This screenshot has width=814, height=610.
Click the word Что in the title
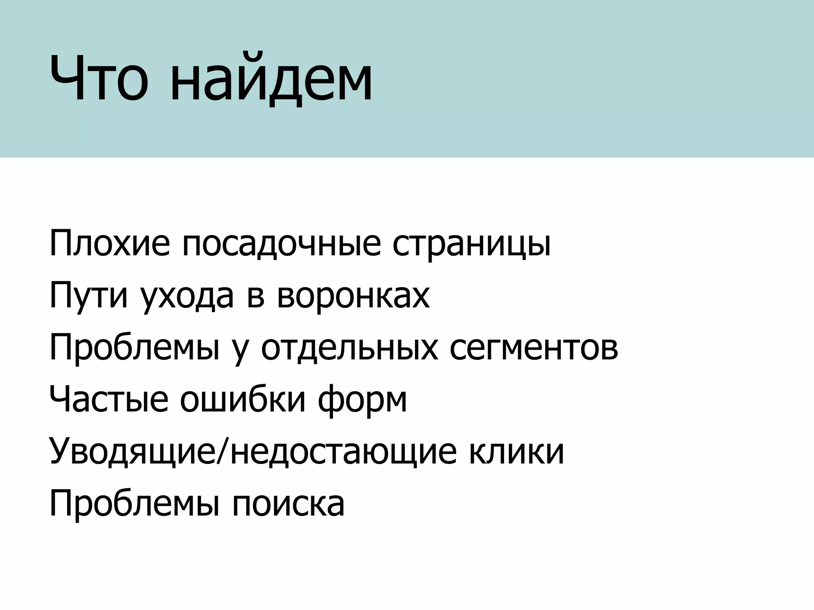(99, 79)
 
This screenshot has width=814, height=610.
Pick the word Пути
(88, 296)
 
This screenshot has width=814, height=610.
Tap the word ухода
(186, 296)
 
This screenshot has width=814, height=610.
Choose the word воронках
(353, 296)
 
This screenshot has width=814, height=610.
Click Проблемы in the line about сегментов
(134, 348)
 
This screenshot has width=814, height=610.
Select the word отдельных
(350, 348)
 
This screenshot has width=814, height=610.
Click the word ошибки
(243, 400)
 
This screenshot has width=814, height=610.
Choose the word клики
(516, 452)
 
